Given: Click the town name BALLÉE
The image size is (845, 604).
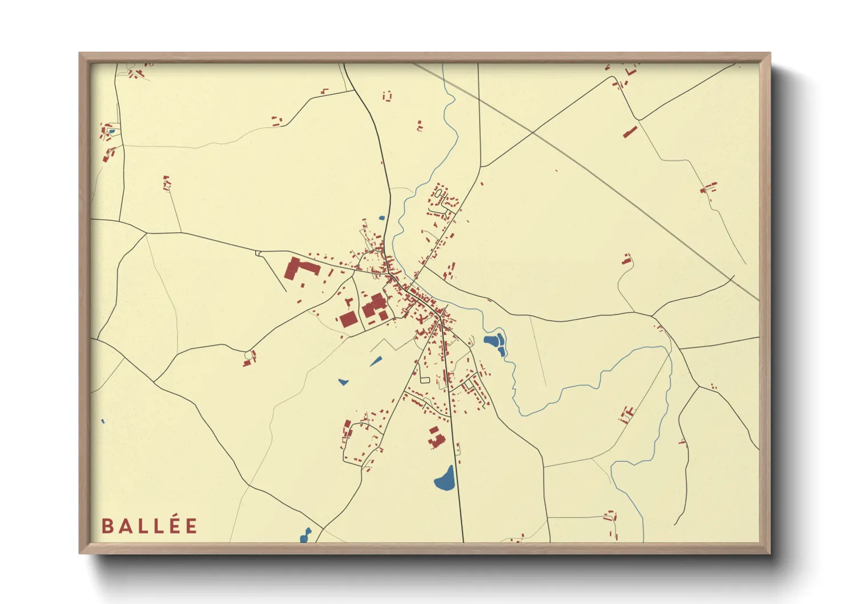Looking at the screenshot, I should [x=150, y=525].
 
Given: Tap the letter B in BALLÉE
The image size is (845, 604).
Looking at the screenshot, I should [x=107, y=526].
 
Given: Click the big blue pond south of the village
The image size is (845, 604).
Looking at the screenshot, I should [x=445, y=479].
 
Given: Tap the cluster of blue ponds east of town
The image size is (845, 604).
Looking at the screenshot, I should [x=495, y=343].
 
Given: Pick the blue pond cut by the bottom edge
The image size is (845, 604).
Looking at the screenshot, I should [x=305, y=536].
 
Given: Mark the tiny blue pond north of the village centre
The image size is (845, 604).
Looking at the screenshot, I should [x=381, y=218].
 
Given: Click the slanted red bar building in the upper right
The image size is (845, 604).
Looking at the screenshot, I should [x=630, y=132].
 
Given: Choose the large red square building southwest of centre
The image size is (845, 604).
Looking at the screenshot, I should [x=348, y=319].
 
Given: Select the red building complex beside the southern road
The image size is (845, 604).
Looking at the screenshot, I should [x=436, y=437].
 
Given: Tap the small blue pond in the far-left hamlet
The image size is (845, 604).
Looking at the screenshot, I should [x=112, y=132].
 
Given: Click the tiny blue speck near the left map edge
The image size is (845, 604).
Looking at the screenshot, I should [x=103, y=421].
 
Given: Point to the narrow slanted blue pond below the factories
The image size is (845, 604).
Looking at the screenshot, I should [x=376, y=361].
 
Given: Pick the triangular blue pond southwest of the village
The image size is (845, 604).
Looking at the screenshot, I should [x=343, y=381].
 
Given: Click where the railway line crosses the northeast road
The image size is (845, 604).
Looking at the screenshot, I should [x=533, y=132].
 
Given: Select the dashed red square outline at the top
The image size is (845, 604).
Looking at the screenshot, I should [x=388, y=95].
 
